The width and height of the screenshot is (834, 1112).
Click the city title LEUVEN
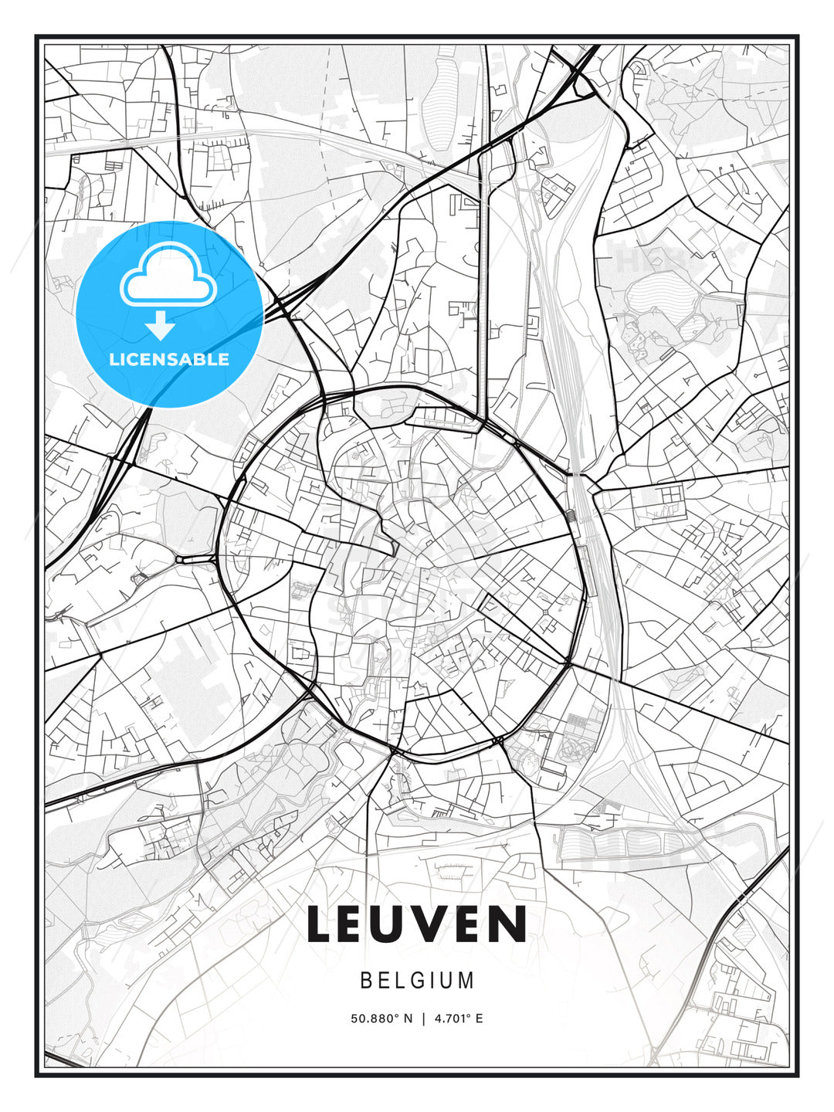click(417, 924)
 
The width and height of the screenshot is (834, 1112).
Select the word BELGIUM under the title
click(417, 981)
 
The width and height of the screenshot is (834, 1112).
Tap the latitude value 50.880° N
click(381, 1019)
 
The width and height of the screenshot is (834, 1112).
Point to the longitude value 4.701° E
click(459, 1019)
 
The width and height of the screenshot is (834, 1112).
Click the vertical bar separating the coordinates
click(423, 1019)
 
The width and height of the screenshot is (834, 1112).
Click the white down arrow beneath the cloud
click(161, 326)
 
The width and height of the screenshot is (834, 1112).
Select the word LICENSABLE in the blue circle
click(169, 359)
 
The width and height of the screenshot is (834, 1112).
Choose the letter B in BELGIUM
click(366, 981)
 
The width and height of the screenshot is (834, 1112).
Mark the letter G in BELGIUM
click(422, 981)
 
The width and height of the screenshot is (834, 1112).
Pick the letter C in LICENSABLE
click(136, 359)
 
